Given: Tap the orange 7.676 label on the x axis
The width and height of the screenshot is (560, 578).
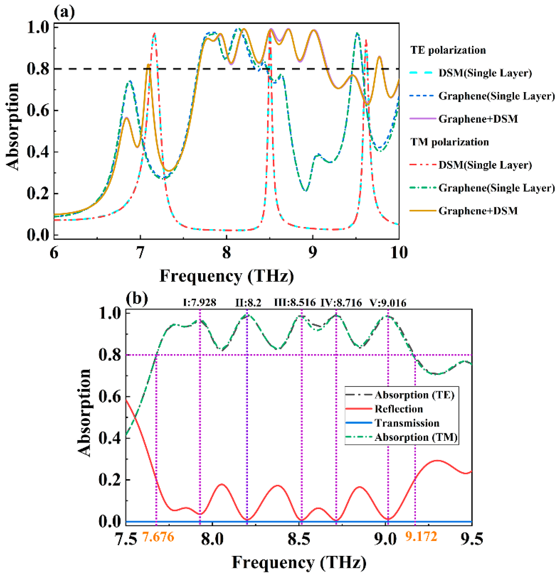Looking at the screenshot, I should (x=158, y=536).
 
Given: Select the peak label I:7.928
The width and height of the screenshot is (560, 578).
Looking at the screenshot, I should (x=199, y=302).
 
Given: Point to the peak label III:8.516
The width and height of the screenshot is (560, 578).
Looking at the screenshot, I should (x=295, y=302).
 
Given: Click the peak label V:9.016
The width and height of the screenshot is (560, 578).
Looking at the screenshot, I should (x=388, y=302).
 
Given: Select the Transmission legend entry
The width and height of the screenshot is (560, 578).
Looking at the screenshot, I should (x=407, y=423).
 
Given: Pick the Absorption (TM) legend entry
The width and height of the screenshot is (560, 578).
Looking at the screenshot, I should (x=416, y=437).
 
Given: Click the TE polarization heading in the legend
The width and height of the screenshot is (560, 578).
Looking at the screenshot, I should (x=448, y=50).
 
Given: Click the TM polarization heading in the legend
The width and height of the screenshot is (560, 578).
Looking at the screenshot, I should (x=449, y=142).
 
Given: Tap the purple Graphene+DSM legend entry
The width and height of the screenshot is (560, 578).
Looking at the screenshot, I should (x=478, y=119).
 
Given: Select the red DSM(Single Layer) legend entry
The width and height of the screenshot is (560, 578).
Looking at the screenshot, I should (x=485, y=165).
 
